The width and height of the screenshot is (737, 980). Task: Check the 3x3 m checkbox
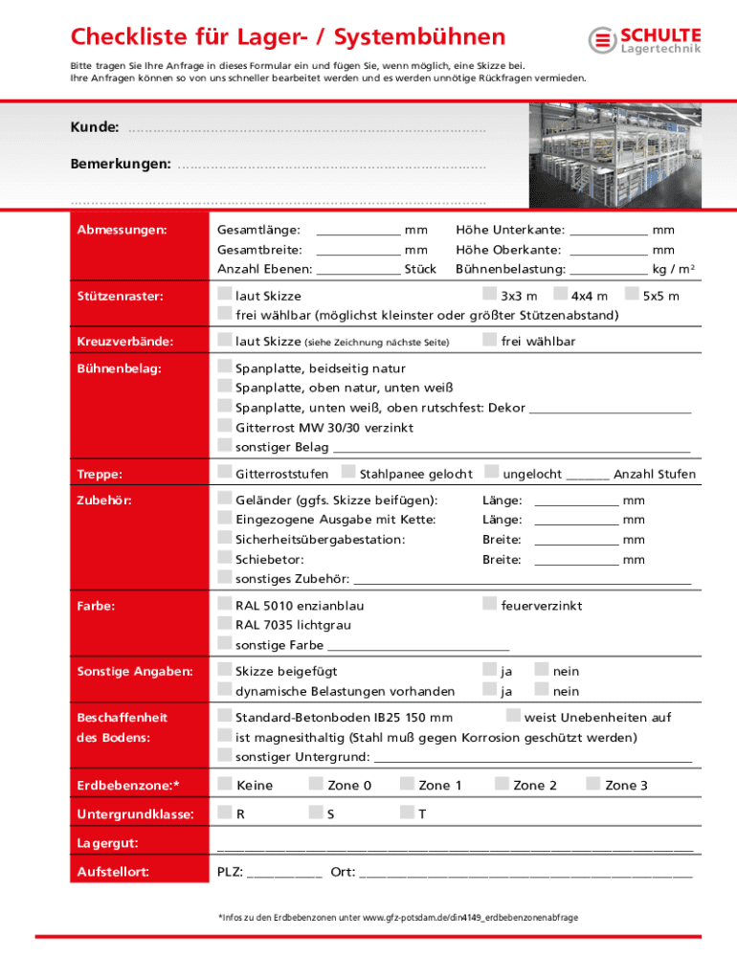click(489, 294)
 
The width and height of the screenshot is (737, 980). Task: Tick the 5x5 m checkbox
click(632, 294)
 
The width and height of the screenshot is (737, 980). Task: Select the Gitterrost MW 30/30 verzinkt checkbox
click(224, 426)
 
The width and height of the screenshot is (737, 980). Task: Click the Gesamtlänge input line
click(357, 231)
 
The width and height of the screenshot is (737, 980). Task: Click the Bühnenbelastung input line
click(608, 269)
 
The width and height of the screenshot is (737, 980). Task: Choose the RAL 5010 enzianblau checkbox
click(224, 604)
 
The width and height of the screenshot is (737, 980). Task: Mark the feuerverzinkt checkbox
click(489, 604)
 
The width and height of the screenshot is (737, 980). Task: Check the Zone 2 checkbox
click(502, 784)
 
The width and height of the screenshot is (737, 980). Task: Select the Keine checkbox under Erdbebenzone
click(224, 784)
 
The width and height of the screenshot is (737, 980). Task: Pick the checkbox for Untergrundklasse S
click(315, 813)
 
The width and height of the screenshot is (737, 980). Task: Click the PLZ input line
click(284, 872)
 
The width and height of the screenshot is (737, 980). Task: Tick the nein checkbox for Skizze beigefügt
click(542, 670)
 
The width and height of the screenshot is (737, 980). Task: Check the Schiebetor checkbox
click(224, 558)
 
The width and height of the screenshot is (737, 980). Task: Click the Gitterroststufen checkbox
click(224, 472)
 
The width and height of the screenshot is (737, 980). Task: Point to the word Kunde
click(94, 127)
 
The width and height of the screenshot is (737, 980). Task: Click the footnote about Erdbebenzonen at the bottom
click(398, 917)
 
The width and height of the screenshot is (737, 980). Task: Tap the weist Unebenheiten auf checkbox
click(513, 716)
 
